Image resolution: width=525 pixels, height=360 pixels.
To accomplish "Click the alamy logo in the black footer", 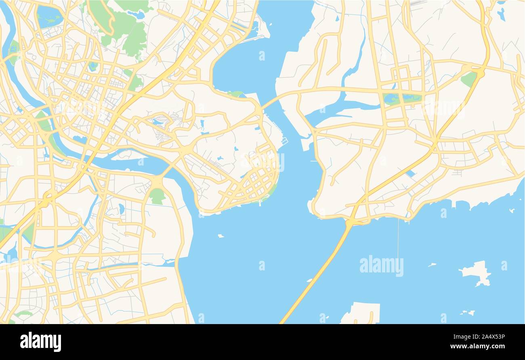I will point(40,341).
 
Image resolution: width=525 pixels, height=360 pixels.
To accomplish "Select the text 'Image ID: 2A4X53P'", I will point(480,337).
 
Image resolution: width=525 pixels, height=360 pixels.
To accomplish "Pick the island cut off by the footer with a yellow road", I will point(361,313).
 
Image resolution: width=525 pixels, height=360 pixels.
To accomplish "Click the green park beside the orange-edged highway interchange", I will point(468,79).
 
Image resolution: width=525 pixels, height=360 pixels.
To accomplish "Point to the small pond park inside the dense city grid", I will point(93,66).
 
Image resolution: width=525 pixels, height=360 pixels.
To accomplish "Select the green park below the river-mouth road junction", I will point(157,196).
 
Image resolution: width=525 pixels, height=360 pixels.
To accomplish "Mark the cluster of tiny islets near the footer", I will point(467,312).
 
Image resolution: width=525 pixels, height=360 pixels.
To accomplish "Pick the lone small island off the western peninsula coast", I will point(220,236).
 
